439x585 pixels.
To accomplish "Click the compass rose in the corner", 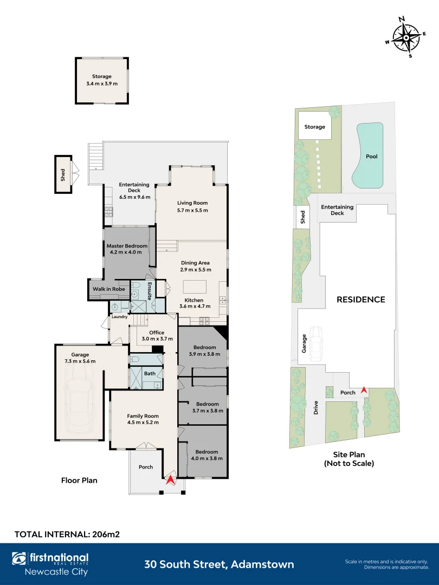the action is point(406,37).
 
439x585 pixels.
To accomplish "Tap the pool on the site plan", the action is point(370,155).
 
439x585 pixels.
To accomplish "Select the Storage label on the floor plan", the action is point(101,76).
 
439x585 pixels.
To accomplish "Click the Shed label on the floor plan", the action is point(63,174).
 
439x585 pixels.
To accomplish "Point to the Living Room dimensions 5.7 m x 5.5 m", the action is point(192,210).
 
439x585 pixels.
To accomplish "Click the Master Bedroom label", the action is point(127,246).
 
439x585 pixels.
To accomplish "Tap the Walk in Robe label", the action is point(108,289).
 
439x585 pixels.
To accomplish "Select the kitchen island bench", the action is point(195,287).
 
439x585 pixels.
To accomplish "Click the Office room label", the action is point(157,333).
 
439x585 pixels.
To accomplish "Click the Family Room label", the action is point(143,415).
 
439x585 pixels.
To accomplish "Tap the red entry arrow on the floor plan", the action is point(170,480).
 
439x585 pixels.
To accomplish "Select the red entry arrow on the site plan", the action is point(364,391).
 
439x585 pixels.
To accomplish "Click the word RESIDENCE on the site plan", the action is point(360,300).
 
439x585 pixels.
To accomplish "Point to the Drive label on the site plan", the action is point(316,407).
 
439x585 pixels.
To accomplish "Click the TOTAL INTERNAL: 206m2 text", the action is point(67,534).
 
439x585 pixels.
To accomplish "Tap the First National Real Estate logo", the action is point(50,564).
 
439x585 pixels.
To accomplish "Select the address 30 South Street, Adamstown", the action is point(219,564).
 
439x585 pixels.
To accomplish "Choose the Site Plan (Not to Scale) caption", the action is point(349,459).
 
